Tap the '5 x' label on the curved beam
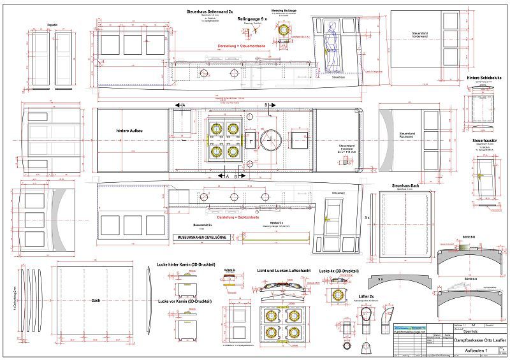tap(380, 278)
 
